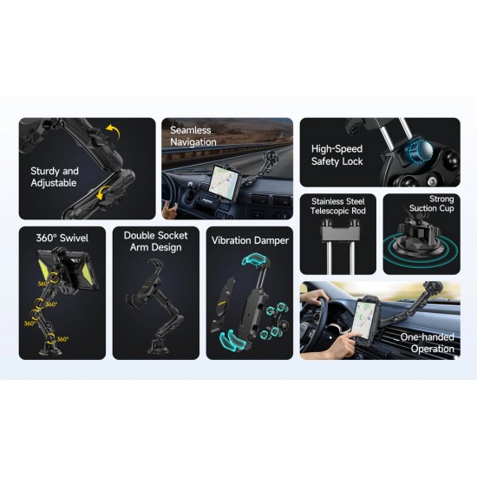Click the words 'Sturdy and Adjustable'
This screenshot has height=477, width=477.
tap(55, 177)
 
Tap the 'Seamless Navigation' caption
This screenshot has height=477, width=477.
tap(193, 136)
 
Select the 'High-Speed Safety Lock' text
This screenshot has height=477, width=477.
tap(337, 155)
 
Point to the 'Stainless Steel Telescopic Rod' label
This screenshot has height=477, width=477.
tap(338, 206)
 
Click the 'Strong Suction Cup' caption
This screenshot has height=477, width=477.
tap(431, 204)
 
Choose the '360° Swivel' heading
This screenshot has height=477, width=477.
tap(62, 238)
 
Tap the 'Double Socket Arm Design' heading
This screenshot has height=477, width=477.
tap(156, 241)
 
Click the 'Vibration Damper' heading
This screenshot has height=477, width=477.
tap(250, 240)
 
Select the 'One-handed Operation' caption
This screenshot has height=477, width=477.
tap(427, 343)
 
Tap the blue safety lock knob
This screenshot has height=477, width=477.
tap(419, 151)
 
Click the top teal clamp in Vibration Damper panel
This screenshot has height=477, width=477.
tap(255, 261)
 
